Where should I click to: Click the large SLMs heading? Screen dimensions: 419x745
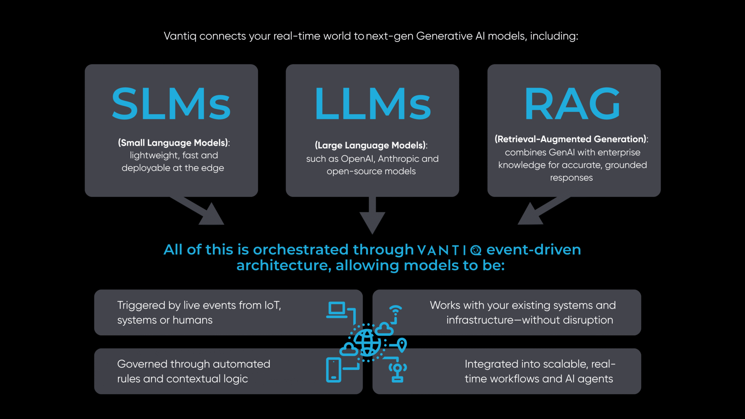coord(171,104)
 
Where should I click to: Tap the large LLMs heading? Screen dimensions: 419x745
coord(372,104)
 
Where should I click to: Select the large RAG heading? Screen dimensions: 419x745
coord(572,104)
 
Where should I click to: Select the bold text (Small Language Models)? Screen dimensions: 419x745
coord(173,143)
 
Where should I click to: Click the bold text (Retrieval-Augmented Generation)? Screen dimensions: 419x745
coord(570,139)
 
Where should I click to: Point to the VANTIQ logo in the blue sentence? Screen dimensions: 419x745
coord(449,250)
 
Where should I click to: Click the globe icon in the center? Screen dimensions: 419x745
coord(367,342)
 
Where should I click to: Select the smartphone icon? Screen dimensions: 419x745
coord(334,370)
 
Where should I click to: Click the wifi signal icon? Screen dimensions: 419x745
coord(395,310)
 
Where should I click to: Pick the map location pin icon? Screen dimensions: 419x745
coord(402,344)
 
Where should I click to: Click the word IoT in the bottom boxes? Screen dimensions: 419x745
coord(272,305)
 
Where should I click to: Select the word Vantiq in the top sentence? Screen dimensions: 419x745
coord(180,36)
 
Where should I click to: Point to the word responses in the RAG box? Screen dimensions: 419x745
coord(571,178)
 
